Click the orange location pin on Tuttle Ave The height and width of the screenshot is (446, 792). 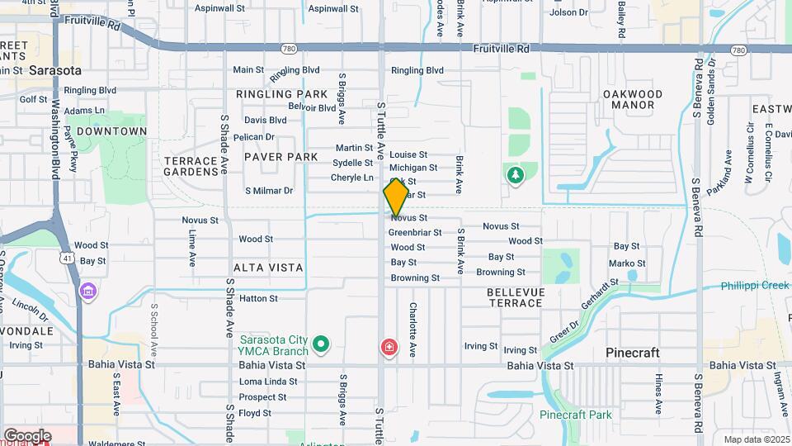click(x=396, y=197)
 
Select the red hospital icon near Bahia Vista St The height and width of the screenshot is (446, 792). click(x=388, y=348)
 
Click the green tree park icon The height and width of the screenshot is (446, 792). click(x=516, y=175)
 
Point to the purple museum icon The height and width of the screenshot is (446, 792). click(x=87, y=291)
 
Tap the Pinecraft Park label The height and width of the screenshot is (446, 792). click(x=576, y=415)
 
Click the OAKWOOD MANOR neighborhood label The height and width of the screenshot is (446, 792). click(x=633, y=99)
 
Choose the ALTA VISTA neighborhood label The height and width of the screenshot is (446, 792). click(x=268, y=268)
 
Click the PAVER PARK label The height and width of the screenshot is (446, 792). click(x=280, y=157)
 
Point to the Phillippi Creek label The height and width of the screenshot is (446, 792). click(x=755, y=286)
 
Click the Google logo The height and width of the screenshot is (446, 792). click(x=27, y=436)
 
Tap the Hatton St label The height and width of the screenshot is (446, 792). click(x=258, y=298)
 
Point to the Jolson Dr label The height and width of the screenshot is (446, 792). click(x=568, y=12)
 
